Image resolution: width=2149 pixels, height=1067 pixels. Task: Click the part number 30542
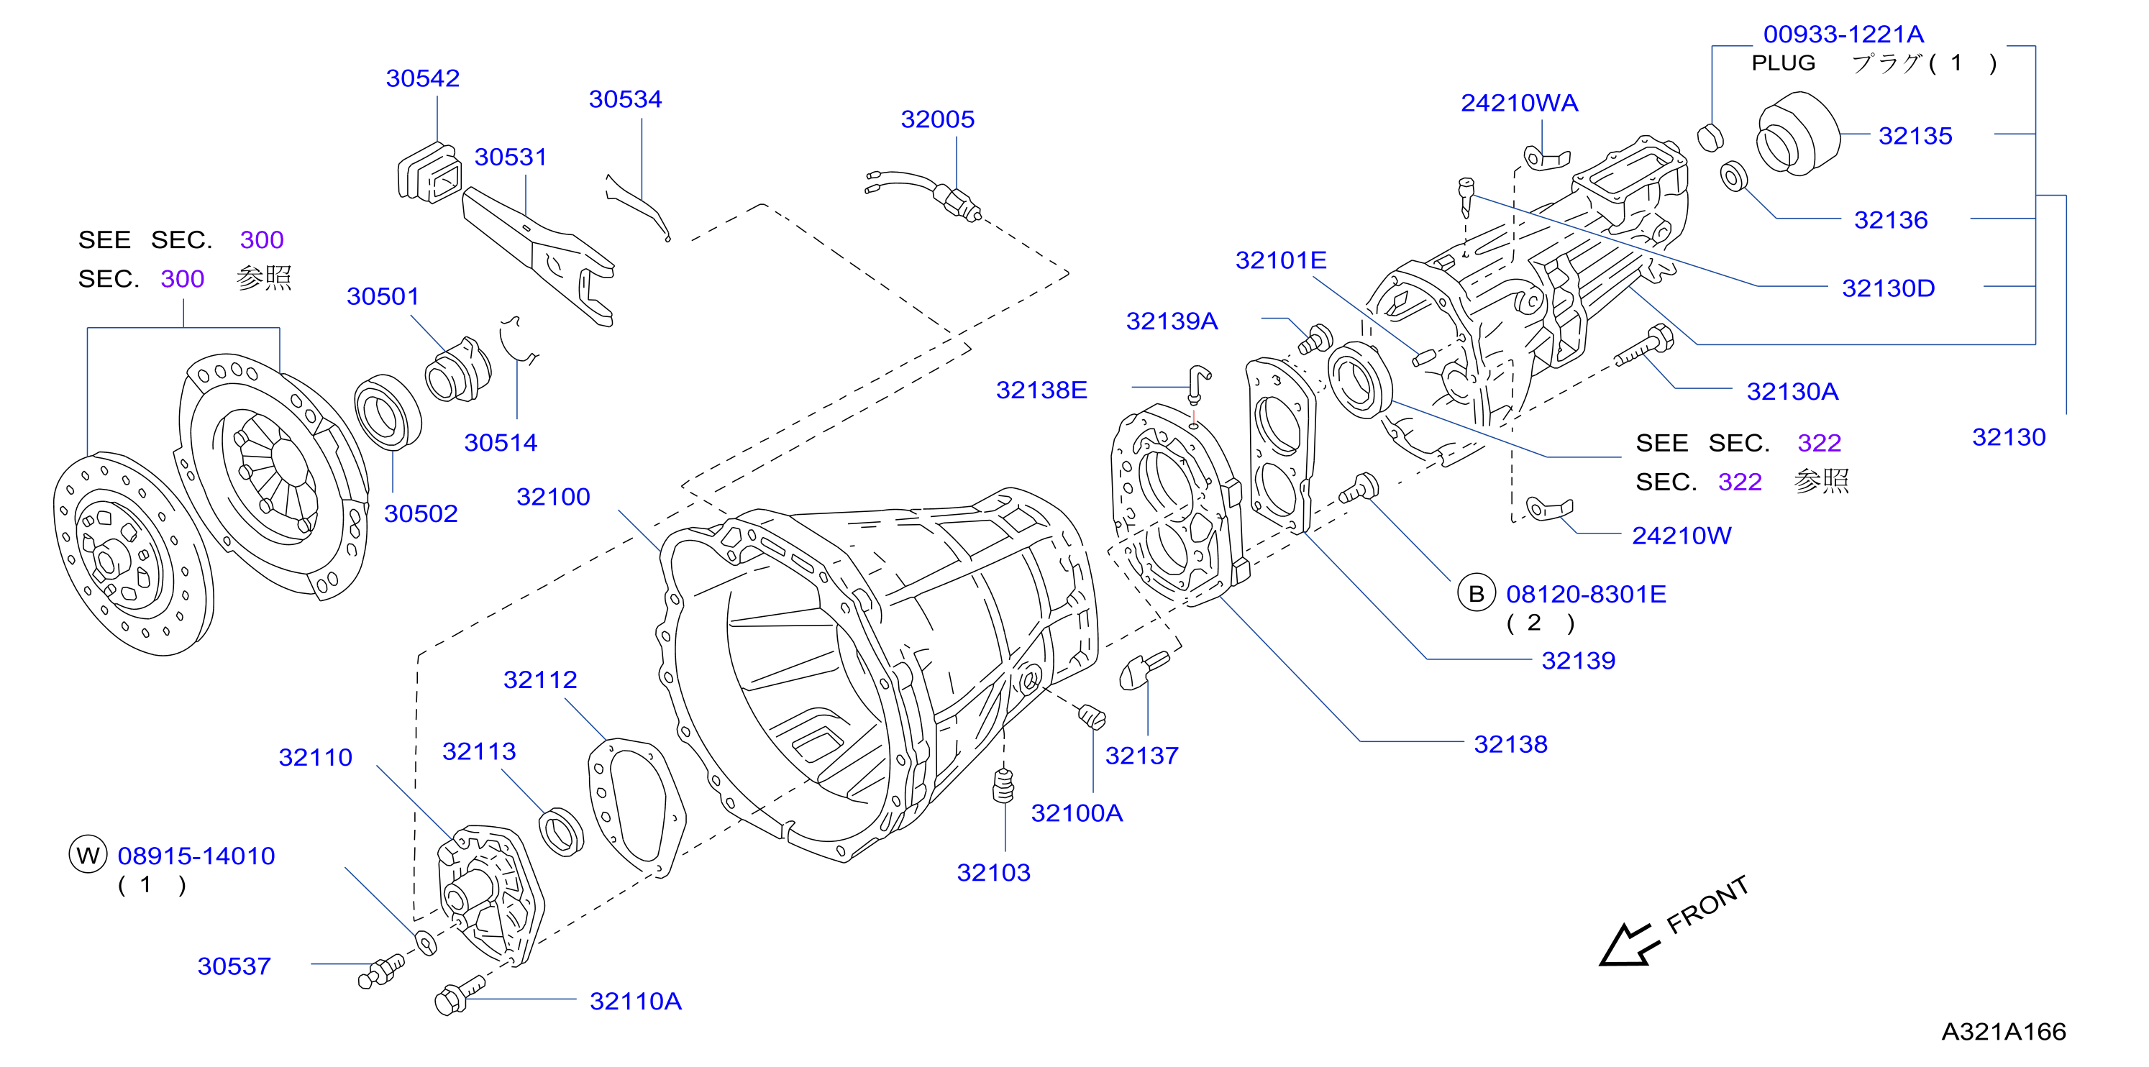pyautogui.click(x=422, y=78)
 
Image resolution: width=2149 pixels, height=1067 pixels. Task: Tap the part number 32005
pyautogui.click(x=937, y=119)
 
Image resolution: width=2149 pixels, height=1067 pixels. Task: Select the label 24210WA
pyautogui.click(x=1519, y=103)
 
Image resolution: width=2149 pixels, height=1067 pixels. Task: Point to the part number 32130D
pyautogui.click(x=1888, y=288)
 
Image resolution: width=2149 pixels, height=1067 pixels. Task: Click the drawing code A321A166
pyautogui.click(x=2003, y=1032)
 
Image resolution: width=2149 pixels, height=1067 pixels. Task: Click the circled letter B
pyautogui.click(x=1476, y=593)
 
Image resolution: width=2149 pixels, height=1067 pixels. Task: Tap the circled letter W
pyautogui.click(x=88, y=854)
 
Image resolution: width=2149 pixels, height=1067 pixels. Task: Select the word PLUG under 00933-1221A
pyautogui.click(x=1783, y=63)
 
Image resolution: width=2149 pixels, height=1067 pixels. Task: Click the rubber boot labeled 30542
pyautogui.click(x=429, y=173)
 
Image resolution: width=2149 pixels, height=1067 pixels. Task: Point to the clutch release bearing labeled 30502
pyautogui.click(x=388, y=412)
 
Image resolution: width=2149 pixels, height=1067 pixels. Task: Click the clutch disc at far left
pyautogui.click(x=134, y=554)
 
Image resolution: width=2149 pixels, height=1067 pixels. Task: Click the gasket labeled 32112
pyautogui.click(x=637, y=807)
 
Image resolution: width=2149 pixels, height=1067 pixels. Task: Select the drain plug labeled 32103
pyautogui.click(x=1003, y=785)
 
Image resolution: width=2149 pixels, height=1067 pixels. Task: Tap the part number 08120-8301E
pyautogui.click(x=1586, y=594)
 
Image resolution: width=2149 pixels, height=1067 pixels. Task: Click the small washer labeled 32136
pyautogui.click(x=1733, y=176)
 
